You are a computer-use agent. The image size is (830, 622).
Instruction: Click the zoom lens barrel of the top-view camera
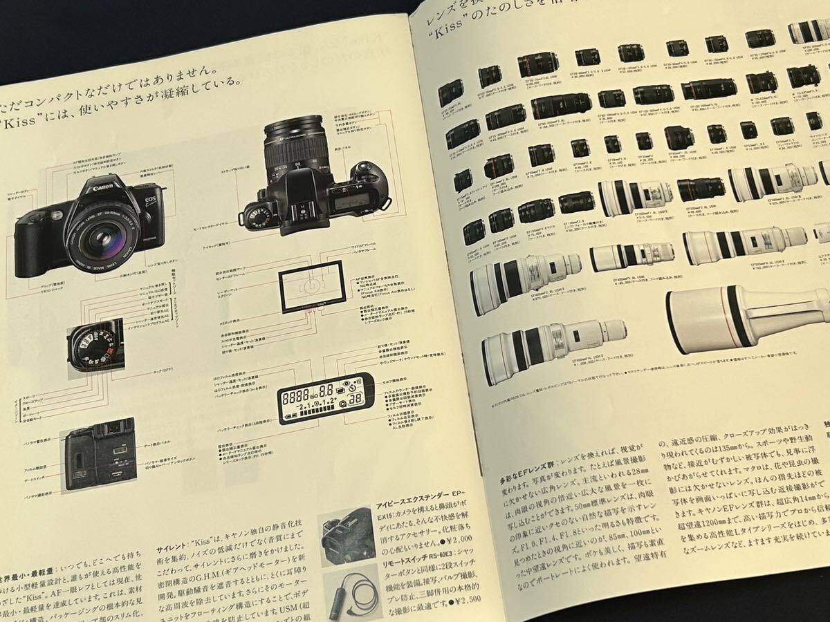coord(295,148)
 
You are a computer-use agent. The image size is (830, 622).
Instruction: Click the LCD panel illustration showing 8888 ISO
coord(325,399)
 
